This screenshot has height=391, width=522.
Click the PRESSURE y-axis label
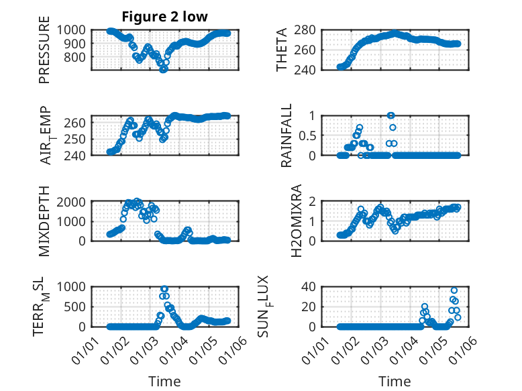[44, 54]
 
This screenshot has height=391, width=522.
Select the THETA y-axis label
[282, 50]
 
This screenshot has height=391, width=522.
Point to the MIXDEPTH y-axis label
[44, 221]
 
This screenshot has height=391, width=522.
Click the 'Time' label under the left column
[164, 382]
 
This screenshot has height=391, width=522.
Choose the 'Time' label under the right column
[395, 382]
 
